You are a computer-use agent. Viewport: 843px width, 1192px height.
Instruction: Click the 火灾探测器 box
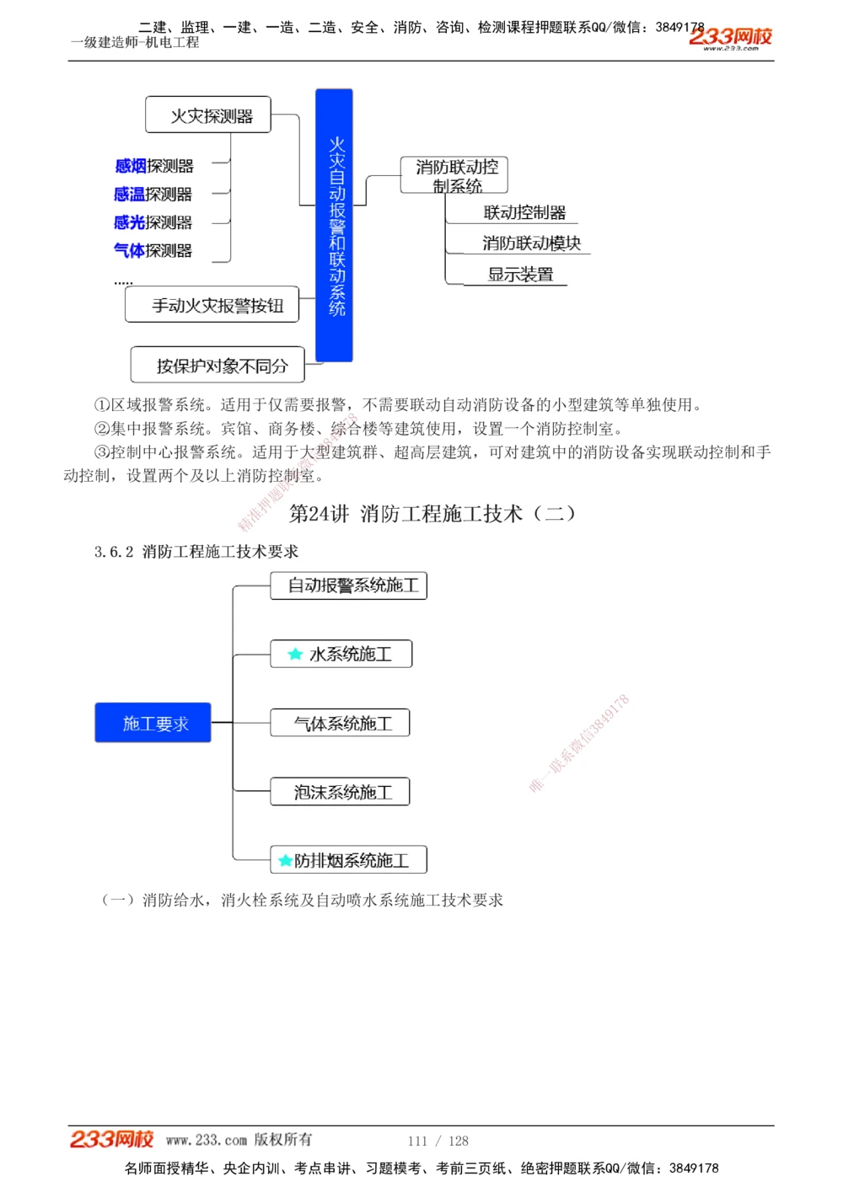point(208,115)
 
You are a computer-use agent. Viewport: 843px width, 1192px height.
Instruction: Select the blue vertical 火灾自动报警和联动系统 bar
point(334,226)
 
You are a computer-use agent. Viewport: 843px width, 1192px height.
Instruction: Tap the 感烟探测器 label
point(154,166)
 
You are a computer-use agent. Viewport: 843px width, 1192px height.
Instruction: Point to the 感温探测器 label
point(153,195)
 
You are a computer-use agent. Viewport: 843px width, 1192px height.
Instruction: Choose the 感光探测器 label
point(153,222)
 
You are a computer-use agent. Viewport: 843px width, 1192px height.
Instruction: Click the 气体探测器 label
point(153,250)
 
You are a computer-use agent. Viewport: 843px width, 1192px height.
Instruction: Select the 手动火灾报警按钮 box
point(212,305)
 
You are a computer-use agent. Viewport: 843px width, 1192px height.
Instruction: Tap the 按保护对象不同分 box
point(217,366)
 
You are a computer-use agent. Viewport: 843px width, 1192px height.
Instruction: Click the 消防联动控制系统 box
point(454,175)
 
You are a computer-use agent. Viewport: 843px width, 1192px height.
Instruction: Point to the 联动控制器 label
point(524,212)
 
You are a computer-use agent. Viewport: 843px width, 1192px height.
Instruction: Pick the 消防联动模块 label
point(531,243)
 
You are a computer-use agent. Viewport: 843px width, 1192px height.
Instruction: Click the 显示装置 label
point(520,275)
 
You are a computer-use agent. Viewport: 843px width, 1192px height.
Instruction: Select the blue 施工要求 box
point(153,723)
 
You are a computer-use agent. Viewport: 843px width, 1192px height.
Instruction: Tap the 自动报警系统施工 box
point(349,585)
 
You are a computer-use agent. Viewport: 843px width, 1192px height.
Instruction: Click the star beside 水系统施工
point(295,654)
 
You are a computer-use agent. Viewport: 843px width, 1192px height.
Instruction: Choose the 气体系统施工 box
point(341,723)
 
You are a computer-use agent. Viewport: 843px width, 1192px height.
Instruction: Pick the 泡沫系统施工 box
point(341,792)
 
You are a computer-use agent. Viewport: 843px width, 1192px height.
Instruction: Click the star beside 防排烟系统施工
point(285,861)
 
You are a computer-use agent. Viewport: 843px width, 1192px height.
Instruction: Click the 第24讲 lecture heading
point(432,514)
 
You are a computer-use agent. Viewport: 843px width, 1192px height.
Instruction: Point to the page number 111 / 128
point(438,1141)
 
